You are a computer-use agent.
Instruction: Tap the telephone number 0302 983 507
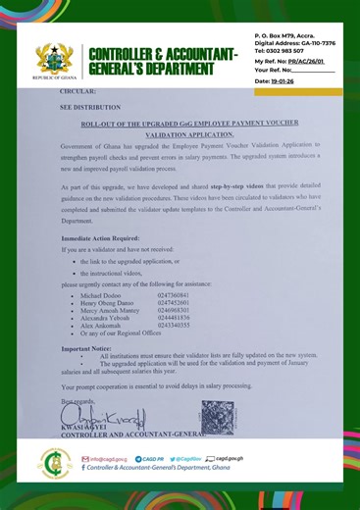[284, 50]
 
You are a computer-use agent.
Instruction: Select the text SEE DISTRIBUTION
[89, 114]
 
